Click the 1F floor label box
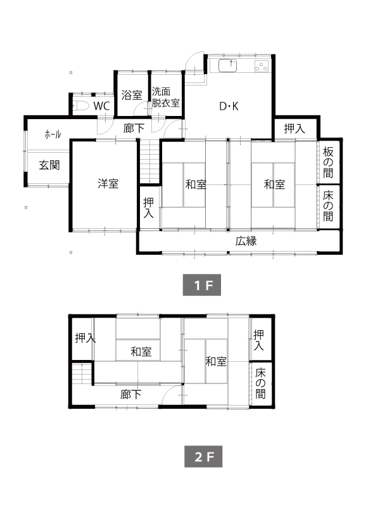(202, 285)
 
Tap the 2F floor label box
(203, 456)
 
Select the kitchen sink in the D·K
(228, 66)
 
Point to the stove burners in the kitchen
(262, 66)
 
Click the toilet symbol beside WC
(80, 105)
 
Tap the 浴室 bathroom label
(132, 95)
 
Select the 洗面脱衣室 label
(165, 97)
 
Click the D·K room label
(229, 106)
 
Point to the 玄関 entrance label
(49, 165)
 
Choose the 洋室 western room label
(108, 183)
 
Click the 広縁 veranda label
(246, 241)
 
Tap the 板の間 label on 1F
(328, 162)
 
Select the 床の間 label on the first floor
(328, 206)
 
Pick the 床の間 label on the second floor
(260, 383)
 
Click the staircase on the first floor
(149, 162)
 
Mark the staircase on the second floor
(82, 373)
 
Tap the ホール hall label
(53, 134)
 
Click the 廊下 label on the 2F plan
(130, 394)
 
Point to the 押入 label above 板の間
(294, 129)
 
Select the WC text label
(102, 106)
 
